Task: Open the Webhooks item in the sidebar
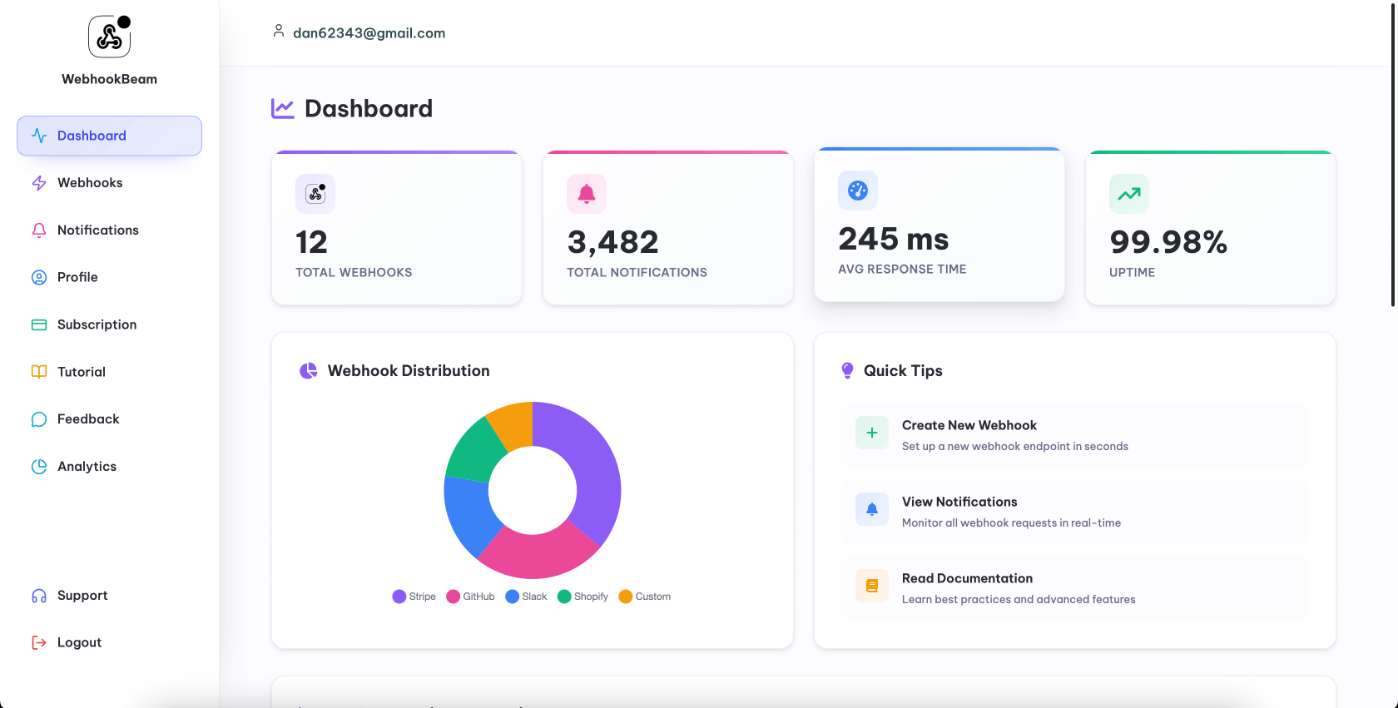pyautogui.click(x=89, y=183)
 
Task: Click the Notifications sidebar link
pyautogui.click(x=97, y=230)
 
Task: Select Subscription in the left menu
pyautogui.click(x=97, y=324)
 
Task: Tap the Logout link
pyautogui.click(x=79, y=642)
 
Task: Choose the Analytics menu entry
pyautogui.click(x=87, y=467)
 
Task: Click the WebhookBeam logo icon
pyautogui.click(x=110, y=37)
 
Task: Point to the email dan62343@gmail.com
pyautogui.click(x=369, y=33)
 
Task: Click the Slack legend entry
pyautogui.click(x=526, y=597)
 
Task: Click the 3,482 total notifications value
pyautogui.click(x=612, y=242)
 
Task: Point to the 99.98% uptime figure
pyautogui.click(x=1167, y=242)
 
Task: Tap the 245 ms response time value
pyautogui.click(x=893, y=239)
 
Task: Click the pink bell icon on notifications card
pyautogui.click(x=587, y=194)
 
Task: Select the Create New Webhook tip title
pyautogui.click(x=969, y=425)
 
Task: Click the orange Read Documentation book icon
pyautogui.click(x=872, y=586)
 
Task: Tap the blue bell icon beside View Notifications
pyautogui.click(x=872, y=509)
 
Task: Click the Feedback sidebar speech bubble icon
pyautogui.click(x=39, y=419)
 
